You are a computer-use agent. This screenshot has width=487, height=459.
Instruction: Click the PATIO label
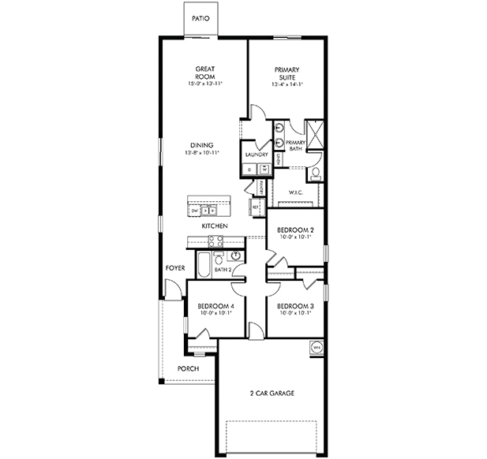tap(200, 17)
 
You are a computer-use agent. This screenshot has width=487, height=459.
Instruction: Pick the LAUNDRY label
tap(257, 155)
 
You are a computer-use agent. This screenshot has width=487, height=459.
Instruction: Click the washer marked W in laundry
tap(264, 170)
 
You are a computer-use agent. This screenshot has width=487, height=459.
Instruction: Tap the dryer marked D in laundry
tap(250, 170)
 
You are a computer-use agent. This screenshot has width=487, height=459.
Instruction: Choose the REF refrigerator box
tap(256, 207)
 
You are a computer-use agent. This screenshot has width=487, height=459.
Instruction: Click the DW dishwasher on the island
tap(194, 211)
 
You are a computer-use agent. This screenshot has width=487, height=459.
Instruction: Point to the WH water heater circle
tap(317, 346)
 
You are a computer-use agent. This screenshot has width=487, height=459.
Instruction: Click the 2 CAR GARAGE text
tap(272, 394)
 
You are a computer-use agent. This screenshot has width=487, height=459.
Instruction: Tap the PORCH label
tap(188, 368)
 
